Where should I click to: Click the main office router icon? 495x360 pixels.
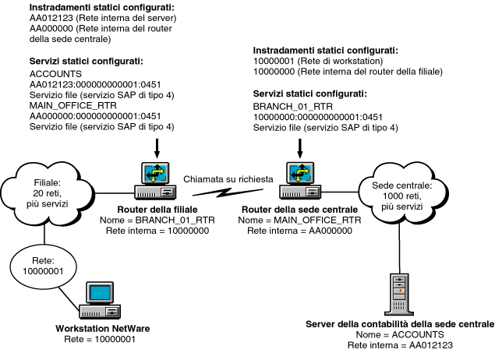point(299,179)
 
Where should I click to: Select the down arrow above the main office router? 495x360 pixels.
point(299,145)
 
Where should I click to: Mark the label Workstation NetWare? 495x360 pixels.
point(103,328)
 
